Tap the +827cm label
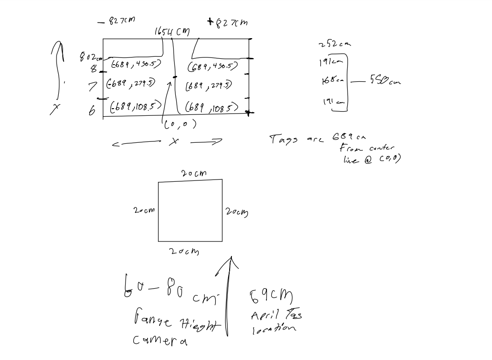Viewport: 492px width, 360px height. coord(227,22)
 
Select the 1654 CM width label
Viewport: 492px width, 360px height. coord(172,32)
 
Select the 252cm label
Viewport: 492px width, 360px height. coord(335,44)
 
